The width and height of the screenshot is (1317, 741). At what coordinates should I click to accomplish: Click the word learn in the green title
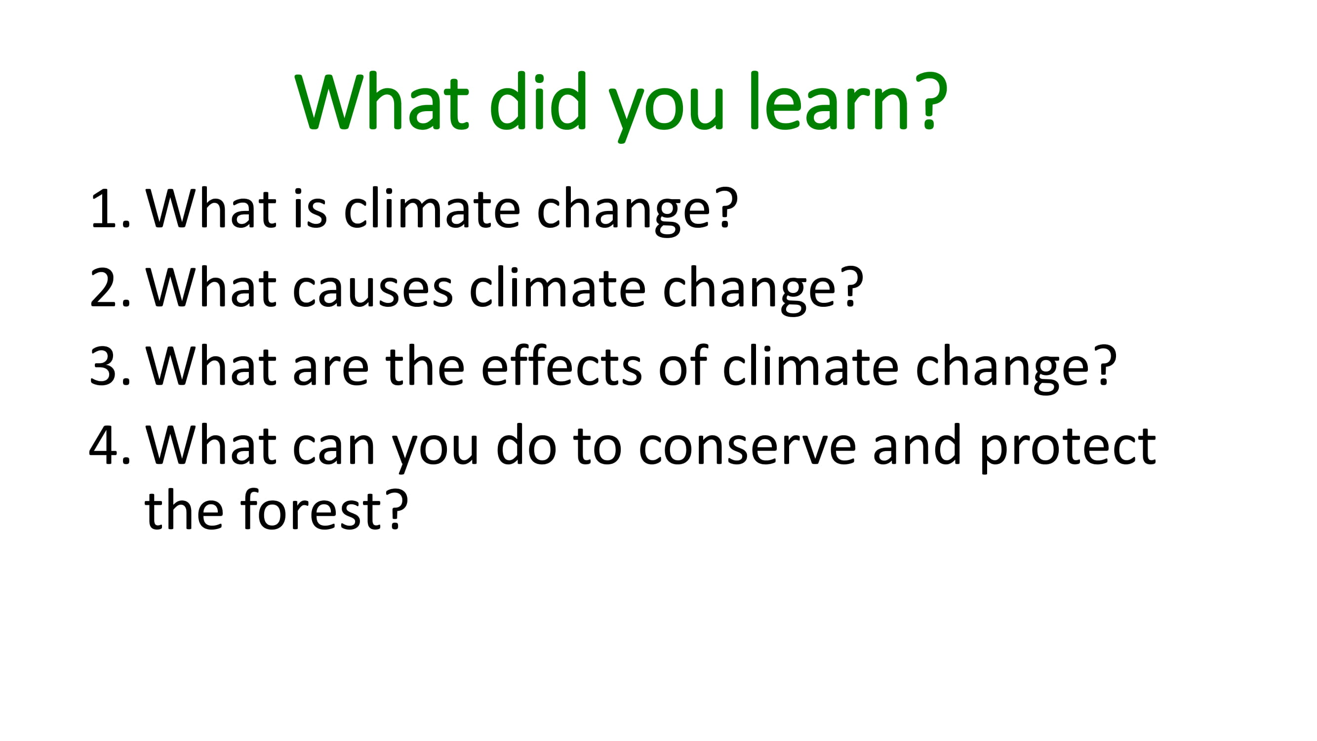click(x=829, y=100)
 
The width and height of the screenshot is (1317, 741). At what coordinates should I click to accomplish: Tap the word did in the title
click(x=537, y=100)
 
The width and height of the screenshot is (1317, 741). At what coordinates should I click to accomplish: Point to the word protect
click(x=1068, y=449)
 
